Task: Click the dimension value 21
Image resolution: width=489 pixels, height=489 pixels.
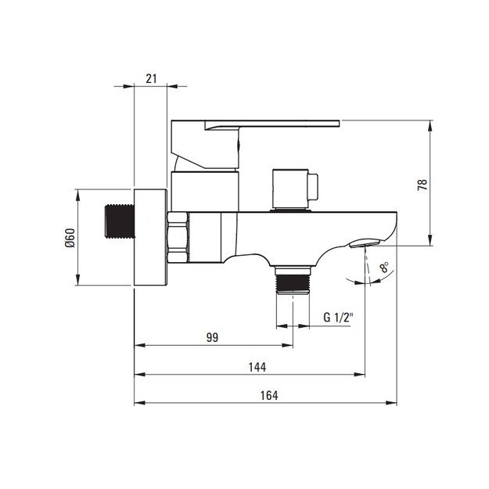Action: tap(151, 78)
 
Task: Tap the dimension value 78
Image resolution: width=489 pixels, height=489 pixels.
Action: tap(422, 185)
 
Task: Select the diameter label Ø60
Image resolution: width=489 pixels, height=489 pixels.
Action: tap(70, 238)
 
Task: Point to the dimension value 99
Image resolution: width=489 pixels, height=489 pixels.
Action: tap(212, 337)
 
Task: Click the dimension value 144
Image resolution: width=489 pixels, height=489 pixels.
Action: tap(257, 367)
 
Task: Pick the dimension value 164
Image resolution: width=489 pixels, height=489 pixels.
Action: tap(269, 395)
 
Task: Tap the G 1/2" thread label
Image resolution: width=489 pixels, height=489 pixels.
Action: tap(338, 318)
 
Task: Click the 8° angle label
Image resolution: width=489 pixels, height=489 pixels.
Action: tap(384, 268)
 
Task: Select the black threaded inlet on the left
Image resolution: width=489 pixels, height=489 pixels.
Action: tap(120, 221)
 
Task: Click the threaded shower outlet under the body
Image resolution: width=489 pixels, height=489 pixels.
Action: tap(293, 280)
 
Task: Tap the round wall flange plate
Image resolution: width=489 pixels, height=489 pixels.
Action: tap(150, 237)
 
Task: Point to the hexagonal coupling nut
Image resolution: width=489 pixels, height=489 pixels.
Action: tap(178, 237)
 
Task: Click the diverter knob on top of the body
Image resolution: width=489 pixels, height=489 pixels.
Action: tap(295, 189)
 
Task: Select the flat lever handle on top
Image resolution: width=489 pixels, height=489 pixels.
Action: tap(255, 145)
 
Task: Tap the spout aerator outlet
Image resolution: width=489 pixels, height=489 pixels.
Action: tap(365, 243)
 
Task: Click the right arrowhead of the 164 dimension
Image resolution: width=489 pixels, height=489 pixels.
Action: tap(391, 403)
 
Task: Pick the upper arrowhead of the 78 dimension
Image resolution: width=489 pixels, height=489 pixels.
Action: tap(430, 126)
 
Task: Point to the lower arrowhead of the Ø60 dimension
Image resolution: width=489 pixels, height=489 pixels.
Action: tap(77, 279)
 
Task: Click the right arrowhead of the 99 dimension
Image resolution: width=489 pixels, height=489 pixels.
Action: tap(287, 345)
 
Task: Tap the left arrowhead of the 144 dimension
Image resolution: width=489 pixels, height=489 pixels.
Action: tap(140, 374)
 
